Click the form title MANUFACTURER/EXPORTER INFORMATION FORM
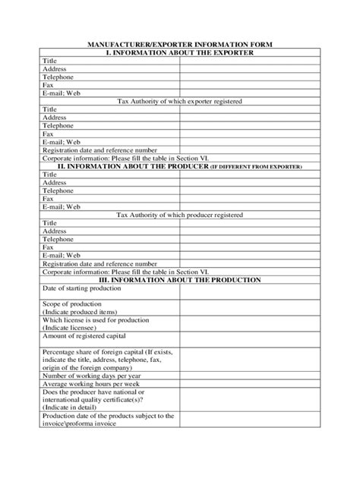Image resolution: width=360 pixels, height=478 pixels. click(179, 46)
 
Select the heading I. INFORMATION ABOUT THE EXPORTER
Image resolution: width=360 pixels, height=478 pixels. click(179, 53)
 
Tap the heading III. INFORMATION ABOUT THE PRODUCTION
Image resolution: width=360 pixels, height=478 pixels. click(179, 280)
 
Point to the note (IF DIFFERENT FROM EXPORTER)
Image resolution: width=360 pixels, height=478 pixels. click(256, 166)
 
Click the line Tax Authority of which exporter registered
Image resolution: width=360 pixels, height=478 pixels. click(179, 101)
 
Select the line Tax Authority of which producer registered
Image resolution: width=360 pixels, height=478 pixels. click(179, 215)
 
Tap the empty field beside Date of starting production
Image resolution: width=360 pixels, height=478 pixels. click(251, 292)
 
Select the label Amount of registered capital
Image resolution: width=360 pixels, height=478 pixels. click(84, 335)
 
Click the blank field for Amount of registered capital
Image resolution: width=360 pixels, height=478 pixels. click(251, 340)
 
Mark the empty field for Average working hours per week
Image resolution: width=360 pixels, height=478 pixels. click(251, 384)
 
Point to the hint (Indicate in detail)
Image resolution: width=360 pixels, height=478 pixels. click(72, 407)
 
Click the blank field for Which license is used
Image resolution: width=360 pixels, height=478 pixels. click(251, 324)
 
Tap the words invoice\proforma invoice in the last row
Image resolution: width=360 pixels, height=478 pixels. click(79, 423)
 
